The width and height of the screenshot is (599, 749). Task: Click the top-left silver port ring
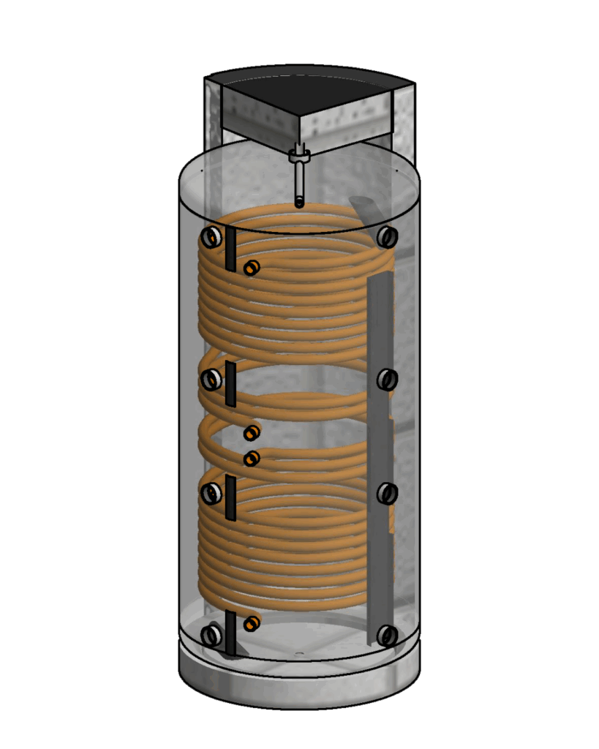click(211, 237)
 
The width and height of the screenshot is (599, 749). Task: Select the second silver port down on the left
click(211, 380)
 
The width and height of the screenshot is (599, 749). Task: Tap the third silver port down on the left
click(211, 494)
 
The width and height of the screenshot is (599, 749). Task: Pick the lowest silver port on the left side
click(211, 635)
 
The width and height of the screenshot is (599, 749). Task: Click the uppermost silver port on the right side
click(387, 237)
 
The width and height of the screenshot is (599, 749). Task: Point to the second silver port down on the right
click(387, 380)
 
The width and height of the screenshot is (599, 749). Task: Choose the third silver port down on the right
click(387, 494)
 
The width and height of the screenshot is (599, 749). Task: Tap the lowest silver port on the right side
click(387, 635)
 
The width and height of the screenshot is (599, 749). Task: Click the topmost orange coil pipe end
click(252, 268)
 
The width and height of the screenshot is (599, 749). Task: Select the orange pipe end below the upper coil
click(252, 433)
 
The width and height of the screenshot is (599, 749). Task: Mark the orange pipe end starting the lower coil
click(252, 459)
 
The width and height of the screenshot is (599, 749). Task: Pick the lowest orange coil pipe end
click(252, 623)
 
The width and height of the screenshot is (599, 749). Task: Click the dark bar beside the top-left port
click(230, 249)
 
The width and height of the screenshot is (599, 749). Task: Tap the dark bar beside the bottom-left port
click(231, 633)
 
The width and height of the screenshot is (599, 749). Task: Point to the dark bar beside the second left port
click(230, 383)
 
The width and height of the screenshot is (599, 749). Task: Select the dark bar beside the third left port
click(230, 497)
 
